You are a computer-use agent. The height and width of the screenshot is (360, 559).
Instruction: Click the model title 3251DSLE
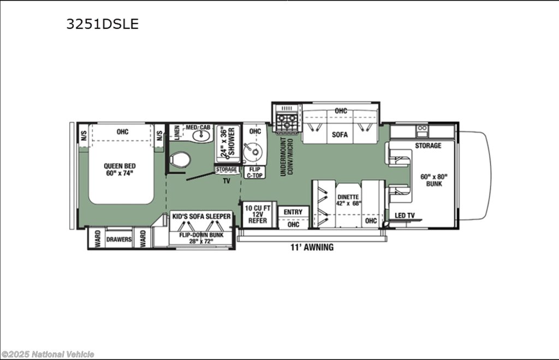point(102,24)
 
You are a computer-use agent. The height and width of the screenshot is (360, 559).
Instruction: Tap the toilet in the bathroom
point(180,159)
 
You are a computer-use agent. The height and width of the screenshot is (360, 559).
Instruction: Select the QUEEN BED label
point(120,166)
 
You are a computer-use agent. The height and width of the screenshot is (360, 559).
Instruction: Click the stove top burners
point(287,121)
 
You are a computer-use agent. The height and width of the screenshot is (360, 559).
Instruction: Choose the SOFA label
point(340,135)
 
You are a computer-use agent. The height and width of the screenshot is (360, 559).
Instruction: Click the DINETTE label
point(348,197)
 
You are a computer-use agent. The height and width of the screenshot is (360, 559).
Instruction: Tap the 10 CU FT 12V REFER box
point(258,214)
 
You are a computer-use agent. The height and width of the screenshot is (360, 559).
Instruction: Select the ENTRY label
point(293,212)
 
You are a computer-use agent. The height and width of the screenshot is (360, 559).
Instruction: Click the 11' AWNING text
point(312,247)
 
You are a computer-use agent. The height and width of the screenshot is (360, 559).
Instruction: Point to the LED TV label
point(405,215)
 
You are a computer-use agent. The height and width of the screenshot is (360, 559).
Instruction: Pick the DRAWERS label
point(119,239)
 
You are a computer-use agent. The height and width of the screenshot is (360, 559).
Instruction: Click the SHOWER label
point(231,142)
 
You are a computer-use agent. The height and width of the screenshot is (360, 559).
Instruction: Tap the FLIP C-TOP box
point(255,172)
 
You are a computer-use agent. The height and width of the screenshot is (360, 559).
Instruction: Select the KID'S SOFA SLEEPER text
point(202,216)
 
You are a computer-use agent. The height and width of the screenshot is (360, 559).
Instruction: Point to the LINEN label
point(176,132)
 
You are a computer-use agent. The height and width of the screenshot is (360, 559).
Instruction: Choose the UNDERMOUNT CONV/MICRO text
point(287,157)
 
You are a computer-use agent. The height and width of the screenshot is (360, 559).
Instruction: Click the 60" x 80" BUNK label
point(434,180)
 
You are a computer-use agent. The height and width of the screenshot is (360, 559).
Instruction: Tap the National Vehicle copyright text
point(48,355)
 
